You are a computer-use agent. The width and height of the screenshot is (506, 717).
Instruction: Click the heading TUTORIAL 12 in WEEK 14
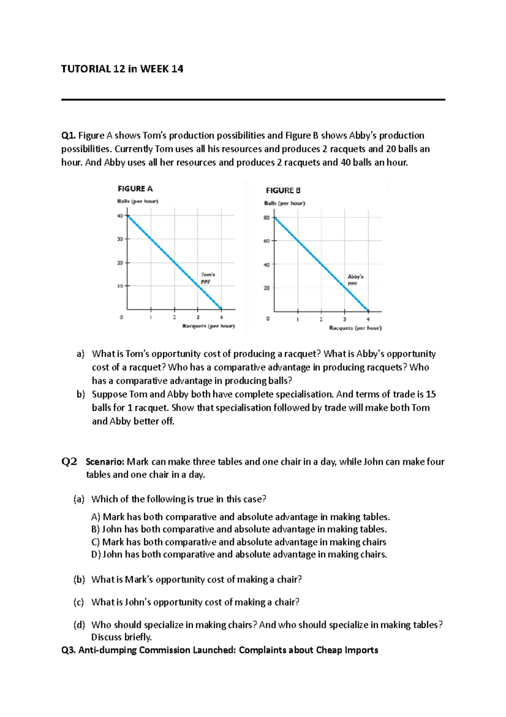click(x=122, y=69)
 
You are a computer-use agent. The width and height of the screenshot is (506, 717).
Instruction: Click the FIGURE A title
click(x=135, y=189)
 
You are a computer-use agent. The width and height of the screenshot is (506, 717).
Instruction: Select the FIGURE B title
click(x=283, y=190)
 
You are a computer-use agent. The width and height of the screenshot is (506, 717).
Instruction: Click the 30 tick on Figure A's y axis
click(x=120, y=239)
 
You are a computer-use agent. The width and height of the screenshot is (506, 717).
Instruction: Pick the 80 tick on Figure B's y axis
click(x=266, y=218)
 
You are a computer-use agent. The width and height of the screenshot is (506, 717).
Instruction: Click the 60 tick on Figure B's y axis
click(x=266, y=241)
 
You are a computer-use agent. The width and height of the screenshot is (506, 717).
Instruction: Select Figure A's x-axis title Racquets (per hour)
click(x=208, y=326)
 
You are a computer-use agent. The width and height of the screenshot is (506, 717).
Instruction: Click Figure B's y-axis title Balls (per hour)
click(x=285, y=203)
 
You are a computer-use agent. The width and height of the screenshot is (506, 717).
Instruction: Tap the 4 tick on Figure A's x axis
click(x=221, y=317)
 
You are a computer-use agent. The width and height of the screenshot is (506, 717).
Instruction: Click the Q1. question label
click(x=68, y=136)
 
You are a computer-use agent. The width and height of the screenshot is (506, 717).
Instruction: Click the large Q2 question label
click(x=70, y=462)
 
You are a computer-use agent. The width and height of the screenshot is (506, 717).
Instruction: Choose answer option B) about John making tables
click(x=239, y=529)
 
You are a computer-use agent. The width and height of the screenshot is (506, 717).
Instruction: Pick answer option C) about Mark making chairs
click(x=239, y=542)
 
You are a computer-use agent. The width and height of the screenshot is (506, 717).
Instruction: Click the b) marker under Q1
click(x=81, y=394)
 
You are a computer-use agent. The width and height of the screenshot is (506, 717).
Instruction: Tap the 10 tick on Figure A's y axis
click(x=120, y=286)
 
